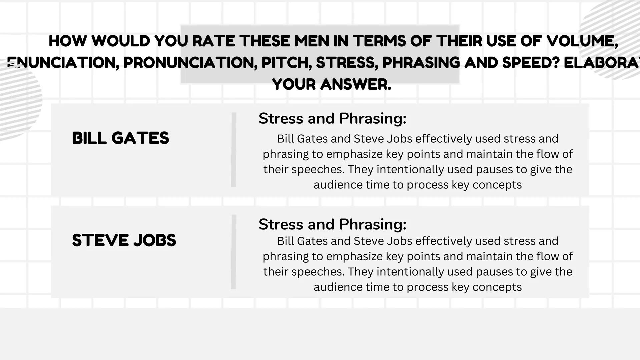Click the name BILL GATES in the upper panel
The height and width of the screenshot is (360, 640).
[x=120, y=138]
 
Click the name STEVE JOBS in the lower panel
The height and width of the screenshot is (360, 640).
[x=124, y=240]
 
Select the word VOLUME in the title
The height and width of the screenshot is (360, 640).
[x=582, y=41]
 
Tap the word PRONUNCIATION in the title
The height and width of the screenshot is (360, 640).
[x=190, y=63]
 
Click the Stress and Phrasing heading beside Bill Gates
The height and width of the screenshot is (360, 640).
[x=332, y=118]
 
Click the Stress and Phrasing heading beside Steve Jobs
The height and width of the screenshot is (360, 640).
[x=332, y=224]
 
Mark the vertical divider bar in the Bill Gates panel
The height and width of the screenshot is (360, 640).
[x=234, y=149]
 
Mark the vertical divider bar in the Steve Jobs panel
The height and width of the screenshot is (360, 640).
[x=234, y=252]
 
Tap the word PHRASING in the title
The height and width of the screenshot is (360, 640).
[x=421, y=63]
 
